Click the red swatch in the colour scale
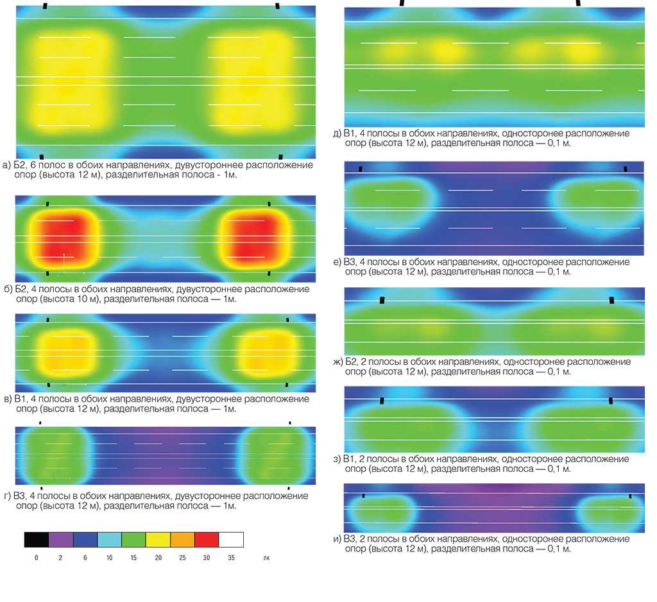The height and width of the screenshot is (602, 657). click(x=207, y=539)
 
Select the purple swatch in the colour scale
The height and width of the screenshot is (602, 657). click(x=61, y=539)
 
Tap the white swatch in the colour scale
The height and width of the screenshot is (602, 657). click(x=231, y=539)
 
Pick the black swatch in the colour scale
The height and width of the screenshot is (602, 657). click(x=37, y=539)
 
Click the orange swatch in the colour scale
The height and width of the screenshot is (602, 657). click(x=182, y=539)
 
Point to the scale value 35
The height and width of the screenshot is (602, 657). click(x=231, y=558)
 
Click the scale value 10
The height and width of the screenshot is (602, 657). click(x=110, y=558)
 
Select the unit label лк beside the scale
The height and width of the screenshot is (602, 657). click(x=266, y=558)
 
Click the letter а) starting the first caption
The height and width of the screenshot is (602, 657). click(x=7, y=165)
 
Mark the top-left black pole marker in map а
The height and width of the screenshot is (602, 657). click(x=44, y=6)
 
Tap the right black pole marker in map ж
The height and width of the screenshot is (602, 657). click(x=611, y=299)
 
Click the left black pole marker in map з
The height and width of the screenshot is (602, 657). click(x=382, y=401)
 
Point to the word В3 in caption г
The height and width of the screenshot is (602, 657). click(x=23, y=496)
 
